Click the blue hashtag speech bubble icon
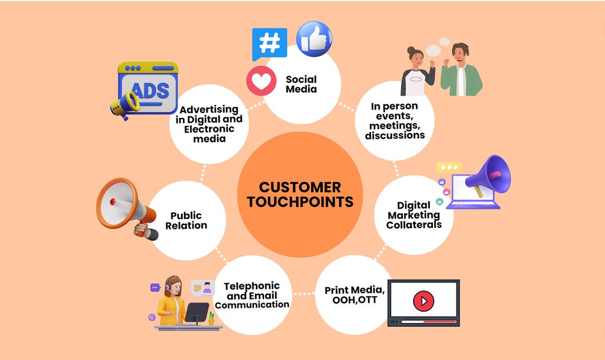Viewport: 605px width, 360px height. click(x=269, y=44)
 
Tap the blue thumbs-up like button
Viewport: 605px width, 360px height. click(x=314, y=39)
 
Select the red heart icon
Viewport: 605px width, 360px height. click(x=261, y=81)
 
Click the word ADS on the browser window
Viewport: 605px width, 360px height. click(x=150, y=90)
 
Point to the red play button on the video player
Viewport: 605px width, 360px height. click(x=423, y=301)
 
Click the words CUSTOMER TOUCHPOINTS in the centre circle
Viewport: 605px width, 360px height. click(x=300, y=195)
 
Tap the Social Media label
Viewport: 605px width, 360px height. click(x=301, y=84)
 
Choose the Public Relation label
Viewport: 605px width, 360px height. click(x=186, y=220)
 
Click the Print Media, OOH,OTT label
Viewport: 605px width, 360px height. click(x=354, y=295)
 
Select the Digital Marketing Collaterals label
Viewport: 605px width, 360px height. click(x=414, y=215)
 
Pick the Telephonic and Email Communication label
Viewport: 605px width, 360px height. click(x=252, y=295)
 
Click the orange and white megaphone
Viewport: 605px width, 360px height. click(x=127, y=208)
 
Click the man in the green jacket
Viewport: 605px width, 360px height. click(x=461, y=70)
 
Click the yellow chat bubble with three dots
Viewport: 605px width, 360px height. click(x=449, y=167)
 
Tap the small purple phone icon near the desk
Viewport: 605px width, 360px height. click(x=152, y=317)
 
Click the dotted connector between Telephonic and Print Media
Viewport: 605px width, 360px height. click(x=304, y=293)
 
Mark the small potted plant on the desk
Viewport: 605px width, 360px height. click(x=211, y=319)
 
